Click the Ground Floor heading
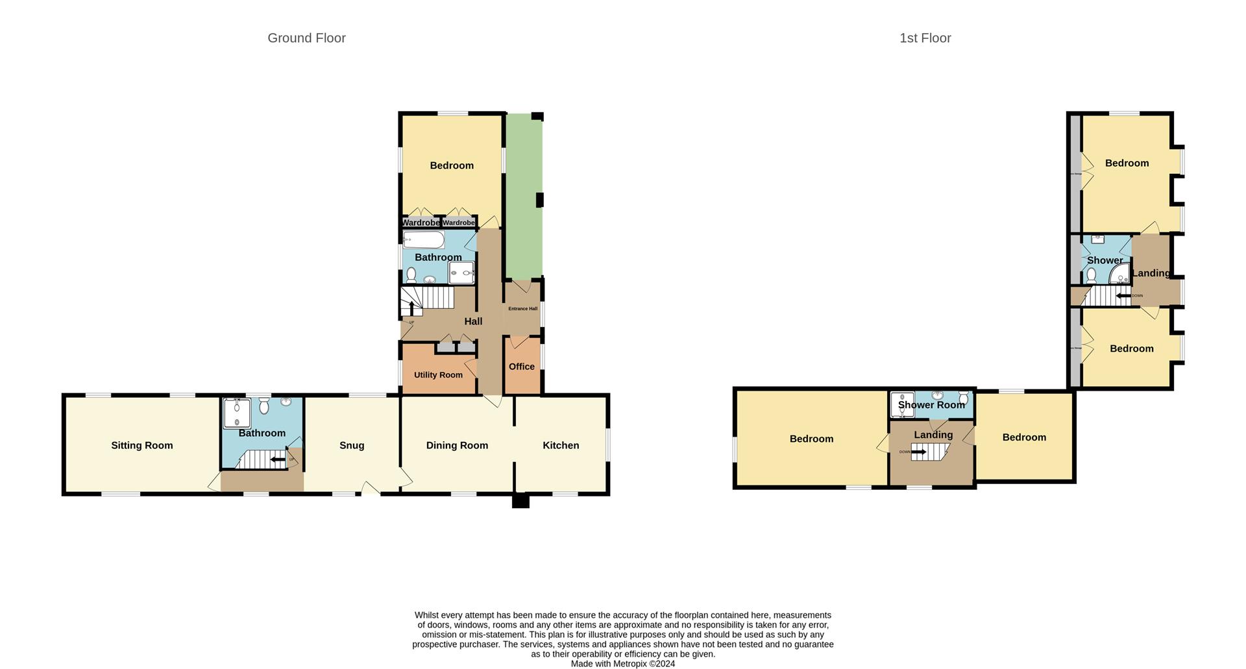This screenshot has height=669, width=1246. coord(306,38)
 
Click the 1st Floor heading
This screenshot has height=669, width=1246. coord(925,38)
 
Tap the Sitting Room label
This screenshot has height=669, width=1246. coord(141,445)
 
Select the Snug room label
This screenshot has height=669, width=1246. coord(352,445)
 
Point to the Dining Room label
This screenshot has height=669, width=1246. coord(457,445)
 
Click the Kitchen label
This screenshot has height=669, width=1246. coord(561,445)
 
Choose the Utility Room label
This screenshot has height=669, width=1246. coord(438,375)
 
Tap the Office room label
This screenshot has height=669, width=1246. coord(522,367)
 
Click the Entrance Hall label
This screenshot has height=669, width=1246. coord(522,309)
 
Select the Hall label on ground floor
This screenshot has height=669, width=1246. coord(473,321)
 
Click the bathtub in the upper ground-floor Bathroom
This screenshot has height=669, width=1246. coord(423,241)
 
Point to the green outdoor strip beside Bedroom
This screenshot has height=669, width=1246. coord(524,195)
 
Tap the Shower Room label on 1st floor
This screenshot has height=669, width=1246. coord(931,405)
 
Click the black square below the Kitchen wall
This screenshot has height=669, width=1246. coord(520,501)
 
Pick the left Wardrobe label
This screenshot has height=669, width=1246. coord(421,223)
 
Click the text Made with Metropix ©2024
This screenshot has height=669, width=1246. coord(622,664)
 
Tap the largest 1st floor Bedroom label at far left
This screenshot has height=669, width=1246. coord(811,439)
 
